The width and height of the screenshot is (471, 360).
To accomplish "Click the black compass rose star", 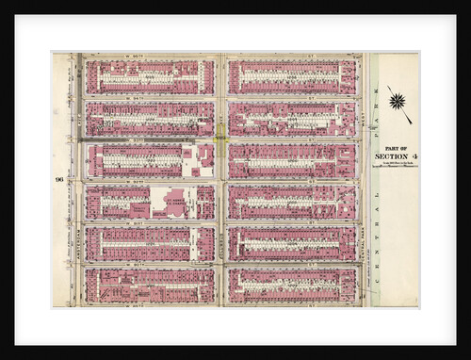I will coord(396,100).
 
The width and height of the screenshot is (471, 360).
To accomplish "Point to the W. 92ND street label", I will coord(149,181).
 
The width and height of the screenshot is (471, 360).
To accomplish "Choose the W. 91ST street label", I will coord(149,222).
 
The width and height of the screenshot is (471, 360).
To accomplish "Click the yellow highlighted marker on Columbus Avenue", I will coord(220,139).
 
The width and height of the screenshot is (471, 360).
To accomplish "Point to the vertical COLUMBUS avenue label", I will coord(220,226).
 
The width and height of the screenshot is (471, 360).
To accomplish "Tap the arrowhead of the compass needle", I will coord(410,122).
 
